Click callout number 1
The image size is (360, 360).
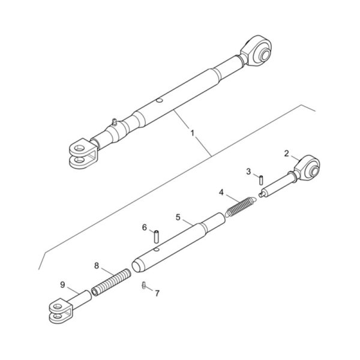click(x=193, y=133)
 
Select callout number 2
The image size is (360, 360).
click(x=286, y=154)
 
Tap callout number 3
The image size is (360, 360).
click(x=248, y=172)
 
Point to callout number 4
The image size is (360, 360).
click(x=221, y=193)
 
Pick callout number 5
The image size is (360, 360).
click(x=178, y=217)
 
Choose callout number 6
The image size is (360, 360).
click(x=145, y=227)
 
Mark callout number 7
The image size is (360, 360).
click(x=157, y=293)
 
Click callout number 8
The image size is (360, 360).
click(x=97, y=266)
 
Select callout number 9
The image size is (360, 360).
click(x=62, y=285)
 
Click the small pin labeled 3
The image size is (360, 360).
click(x=261, y=180)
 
